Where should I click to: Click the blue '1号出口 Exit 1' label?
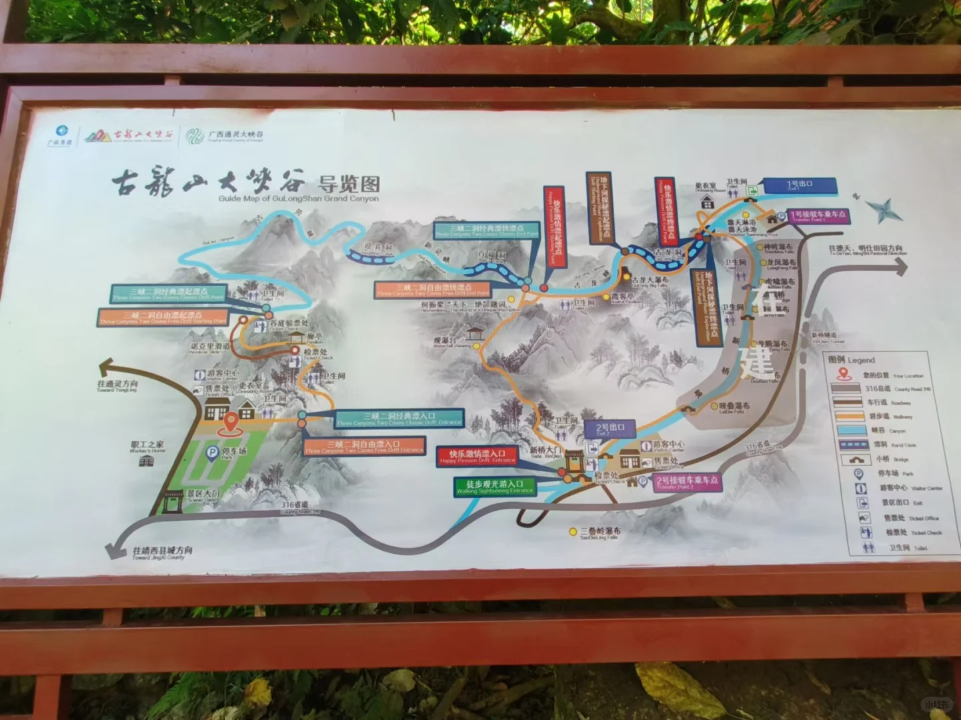click(x=799, y=185)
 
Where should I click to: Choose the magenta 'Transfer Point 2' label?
click(x=686, y=482)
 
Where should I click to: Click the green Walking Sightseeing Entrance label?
click(x=495, y=487)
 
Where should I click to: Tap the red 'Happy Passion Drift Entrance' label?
click(x=477, y=456)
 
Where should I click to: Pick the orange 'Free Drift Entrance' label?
click(x=364, y=446)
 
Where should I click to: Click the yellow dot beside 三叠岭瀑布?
click(x=572, y=532)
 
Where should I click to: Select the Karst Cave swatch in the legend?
click(x=854, y=445)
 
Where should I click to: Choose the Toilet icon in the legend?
click(x=868, y=548)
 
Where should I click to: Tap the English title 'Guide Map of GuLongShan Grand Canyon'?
click(x=298, y=199)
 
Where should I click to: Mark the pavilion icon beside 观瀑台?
click(x=475, y=333)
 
